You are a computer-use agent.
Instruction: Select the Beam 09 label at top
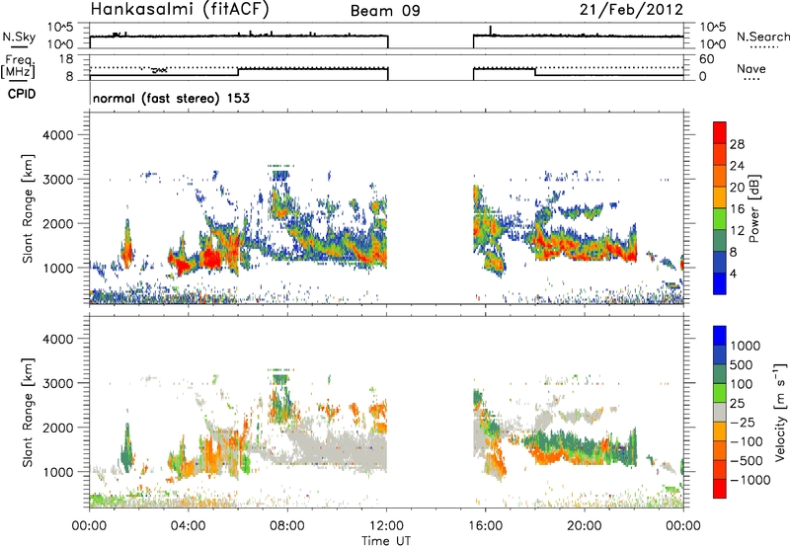coord(385,11)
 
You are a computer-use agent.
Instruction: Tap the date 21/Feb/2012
coord(631,9)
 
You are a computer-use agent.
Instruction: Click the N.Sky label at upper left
coord(19,37)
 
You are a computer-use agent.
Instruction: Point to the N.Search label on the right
coord(762,37)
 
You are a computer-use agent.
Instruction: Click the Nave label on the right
coord(751,68)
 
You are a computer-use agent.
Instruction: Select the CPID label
coord(22,94)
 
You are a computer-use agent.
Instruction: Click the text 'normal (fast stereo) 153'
coord(171,98)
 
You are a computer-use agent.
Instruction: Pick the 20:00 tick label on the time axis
coord(584,526)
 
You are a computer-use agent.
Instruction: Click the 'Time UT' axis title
coord(386,541)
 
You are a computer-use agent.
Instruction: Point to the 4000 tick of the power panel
coord(59,135)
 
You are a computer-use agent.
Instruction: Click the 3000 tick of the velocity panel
coord(59,383)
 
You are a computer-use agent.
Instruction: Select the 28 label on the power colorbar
coord(737,144)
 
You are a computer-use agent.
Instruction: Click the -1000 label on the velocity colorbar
coord(750,480)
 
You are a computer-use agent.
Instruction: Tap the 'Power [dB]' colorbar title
coord(754,208)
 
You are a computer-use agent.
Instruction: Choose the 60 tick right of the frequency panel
coord(706,59)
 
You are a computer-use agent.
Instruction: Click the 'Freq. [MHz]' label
coord(19,67)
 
